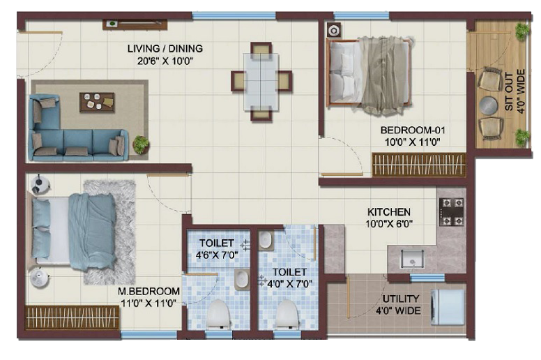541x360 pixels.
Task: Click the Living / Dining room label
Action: (x=165, y=48)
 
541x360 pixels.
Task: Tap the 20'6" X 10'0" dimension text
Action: (x=165, y=61)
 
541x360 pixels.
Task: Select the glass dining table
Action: (x=261, y=82)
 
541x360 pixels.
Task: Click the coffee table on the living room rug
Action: (x=97, y=102)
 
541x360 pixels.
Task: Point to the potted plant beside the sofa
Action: (x=141, y=144)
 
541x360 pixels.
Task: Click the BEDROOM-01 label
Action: (x=413, y=130)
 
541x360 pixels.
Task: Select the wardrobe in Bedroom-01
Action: (x=419, y=165)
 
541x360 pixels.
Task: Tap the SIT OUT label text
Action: (x=509, y=91)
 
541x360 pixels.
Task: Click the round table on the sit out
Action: (x=489, y=105)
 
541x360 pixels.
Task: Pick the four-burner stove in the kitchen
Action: (x=452, y=211)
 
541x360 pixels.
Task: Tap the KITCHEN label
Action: (x=389, y=211)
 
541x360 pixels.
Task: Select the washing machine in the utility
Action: (x=448, y=307)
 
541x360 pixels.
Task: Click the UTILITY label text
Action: (x=401, y=299)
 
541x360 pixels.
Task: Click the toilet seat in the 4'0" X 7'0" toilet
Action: (x=287, y=314)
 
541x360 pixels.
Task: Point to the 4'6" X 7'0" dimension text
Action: (x=217, y=255)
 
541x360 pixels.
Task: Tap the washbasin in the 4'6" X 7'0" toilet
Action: (x=242, y=279)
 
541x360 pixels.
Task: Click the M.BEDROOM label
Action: (x=148, y=291)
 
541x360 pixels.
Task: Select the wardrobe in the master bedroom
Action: (x=73, y=317)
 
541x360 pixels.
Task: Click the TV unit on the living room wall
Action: (x=135, y=24)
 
